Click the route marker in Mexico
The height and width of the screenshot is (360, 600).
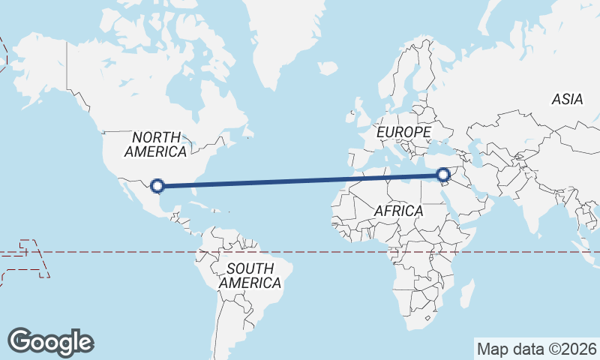click(157, 185)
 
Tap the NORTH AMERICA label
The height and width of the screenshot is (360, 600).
click(156, 144)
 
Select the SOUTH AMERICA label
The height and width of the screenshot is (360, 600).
click(250, 275)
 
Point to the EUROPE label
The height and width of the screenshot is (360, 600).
click(403, 132)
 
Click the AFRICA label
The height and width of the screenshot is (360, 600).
click(398, 211)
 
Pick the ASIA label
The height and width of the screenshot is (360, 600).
click(567, 99)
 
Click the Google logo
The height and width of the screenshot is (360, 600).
click(50, 342)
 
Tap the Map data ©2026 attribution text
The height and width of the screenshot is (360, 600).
click(535, 349)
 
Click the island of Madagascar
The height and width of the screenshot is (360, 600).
click(466, 294)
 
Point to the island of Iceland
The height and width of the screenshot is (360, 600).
click(327, 68)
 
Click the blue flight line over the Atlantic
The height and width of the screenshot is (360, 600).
click(300, 181)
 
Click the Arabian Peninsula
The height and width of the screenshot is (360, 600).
click(465, 199)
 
